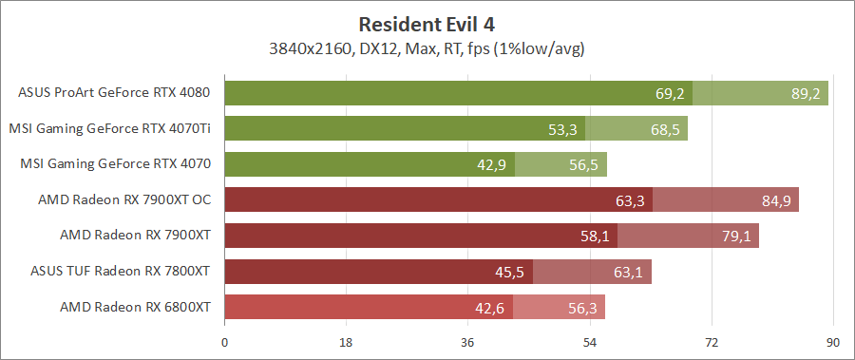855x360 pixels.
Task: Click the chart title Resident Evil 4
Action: coord(427,23)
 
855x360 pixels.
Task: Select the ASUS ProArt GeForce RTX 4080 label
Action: coord(114,93)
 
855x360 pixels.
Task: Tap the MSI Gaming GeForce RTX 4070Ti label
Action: coord(109,128)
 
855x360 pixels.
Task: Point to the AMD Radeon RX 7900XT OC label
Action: coord(123,199)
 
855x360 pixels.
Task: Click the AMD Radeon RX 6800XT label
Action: coord(135,307)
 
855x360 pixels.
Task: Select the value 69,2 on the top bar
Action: coord(670,93)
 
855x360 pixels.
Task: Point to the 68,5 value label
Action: coord(665,128)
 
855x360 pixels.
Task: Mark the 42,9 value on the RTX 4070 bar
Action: coord(492,164)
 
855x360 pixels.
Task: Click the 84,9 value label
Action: coord(776,200)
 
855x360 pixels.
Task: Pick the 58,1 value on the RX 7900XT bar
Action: coord(595,236)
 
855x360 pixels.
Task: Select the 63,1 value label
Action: coord(629,272)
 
